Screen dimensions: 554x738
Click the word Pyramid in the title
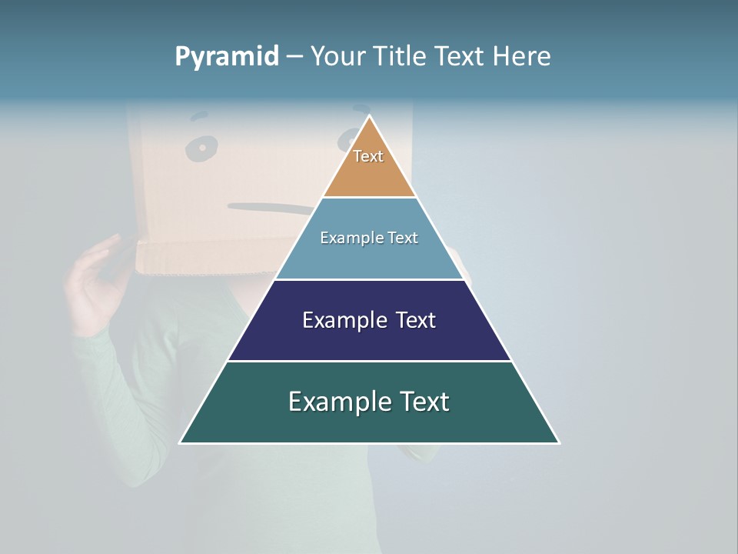point(226,57)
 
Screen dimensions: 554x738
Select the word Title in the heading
point(403,56)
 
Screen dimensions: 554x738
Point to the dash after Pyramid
point(294,57)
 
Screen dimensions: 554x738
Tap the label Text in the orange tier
point(368,156)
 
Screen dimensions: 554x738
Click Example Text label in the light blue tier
point(369,238)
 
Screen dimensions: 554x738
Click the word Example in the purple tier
point(341,320)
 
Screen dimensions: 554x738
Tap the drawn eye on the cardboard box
point(202,148)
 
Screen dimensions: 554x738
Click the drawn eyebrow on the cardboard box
point(199,118)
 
